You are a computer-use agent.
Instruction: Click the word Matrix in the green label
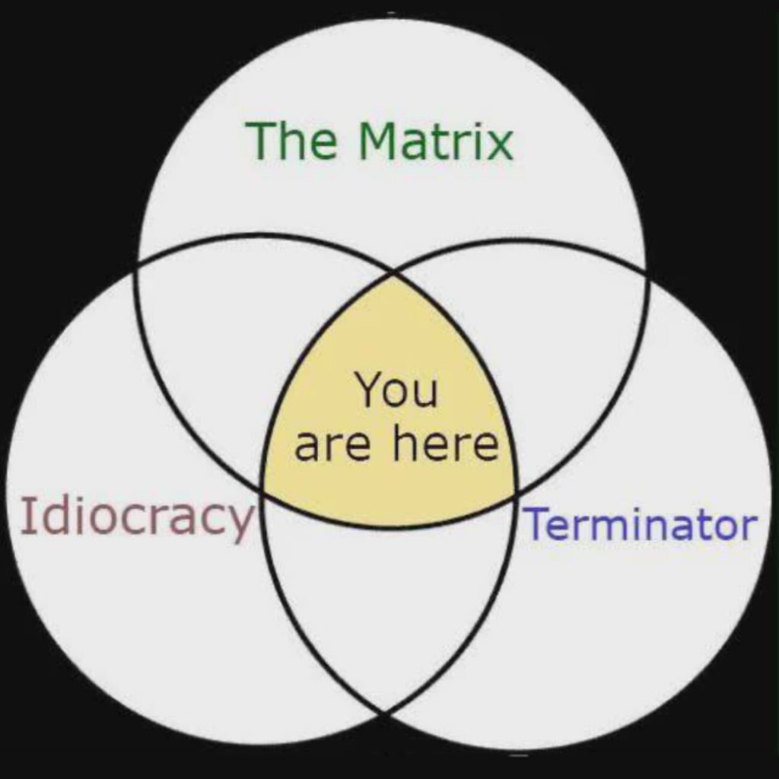[x=436, y=141]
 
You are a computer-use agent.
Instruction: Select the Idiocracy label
[x=138, y=517]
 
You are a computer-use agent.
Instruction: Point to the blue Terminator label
[x=641, y=523]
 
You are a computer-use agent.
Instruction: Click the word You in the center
[x=396, y=390]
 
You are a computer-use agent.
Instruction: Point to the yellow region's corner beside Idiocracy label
[x=262, y=489]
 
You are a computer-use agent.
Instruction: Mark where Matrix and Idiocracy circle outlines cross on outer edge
[x=135, y=269]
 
